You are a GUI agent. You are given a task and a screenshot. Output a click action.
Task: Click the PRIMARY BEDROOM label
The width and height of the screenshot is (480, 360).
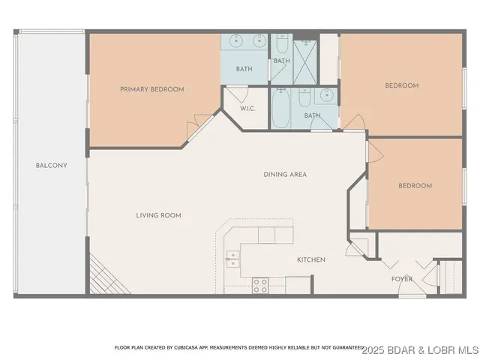tap(151, 89)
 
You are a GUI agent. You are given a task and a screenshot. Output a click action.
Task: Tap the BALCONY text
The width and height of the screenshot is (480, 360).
tap(51, 165)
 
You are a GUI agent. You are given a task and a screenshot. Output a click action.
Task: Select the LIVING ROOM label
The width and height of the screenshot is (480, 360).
tap(158, 215)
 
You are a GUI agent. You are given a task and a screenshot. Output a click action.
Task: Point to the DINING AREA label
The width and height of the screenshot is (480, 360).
tap(285, 175)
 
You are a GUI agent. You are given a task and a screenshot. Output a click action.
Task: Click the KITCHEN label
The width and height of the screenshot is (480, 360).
tap(310, 259)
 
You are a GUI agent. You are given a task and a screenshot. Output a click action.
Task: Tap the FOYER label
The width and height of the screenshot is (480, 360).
tap(401, 279)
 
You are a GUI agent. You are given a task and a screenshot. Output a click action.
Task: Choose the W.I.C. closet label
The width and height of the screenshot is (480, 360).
tap(247, 109)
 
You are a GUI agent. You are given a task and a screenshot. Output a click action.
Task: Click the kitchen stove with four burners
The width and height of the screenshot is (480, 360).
tap(260, 285)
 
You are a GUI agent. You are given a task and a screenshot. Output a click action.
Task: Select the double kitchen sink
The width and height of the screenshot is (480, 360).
tap(232, 259)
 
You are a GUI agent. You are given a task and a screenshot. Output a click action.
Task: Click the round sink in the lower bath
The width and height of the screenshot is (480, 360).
tap(326, 95)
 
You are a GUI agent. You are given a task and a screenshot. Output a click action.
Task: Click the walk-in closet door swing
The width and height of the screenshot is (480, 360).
tap(238, 94)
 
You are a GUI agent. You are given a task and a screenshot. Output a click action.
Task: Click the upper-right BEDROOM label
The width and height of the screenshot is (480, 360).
tap(401, 85)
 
